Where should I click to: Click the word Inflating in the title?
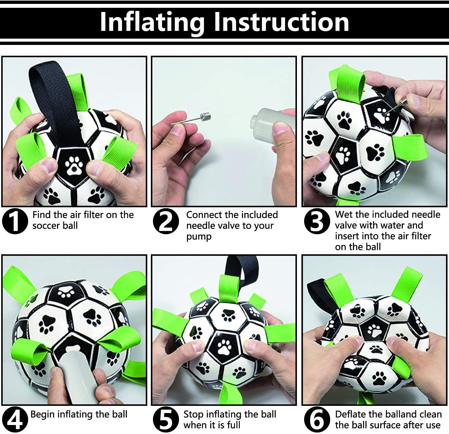[152, 22]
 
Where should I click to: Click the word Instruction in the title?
[282, 22]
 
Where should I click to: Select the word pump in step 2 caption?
[199, 236]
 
